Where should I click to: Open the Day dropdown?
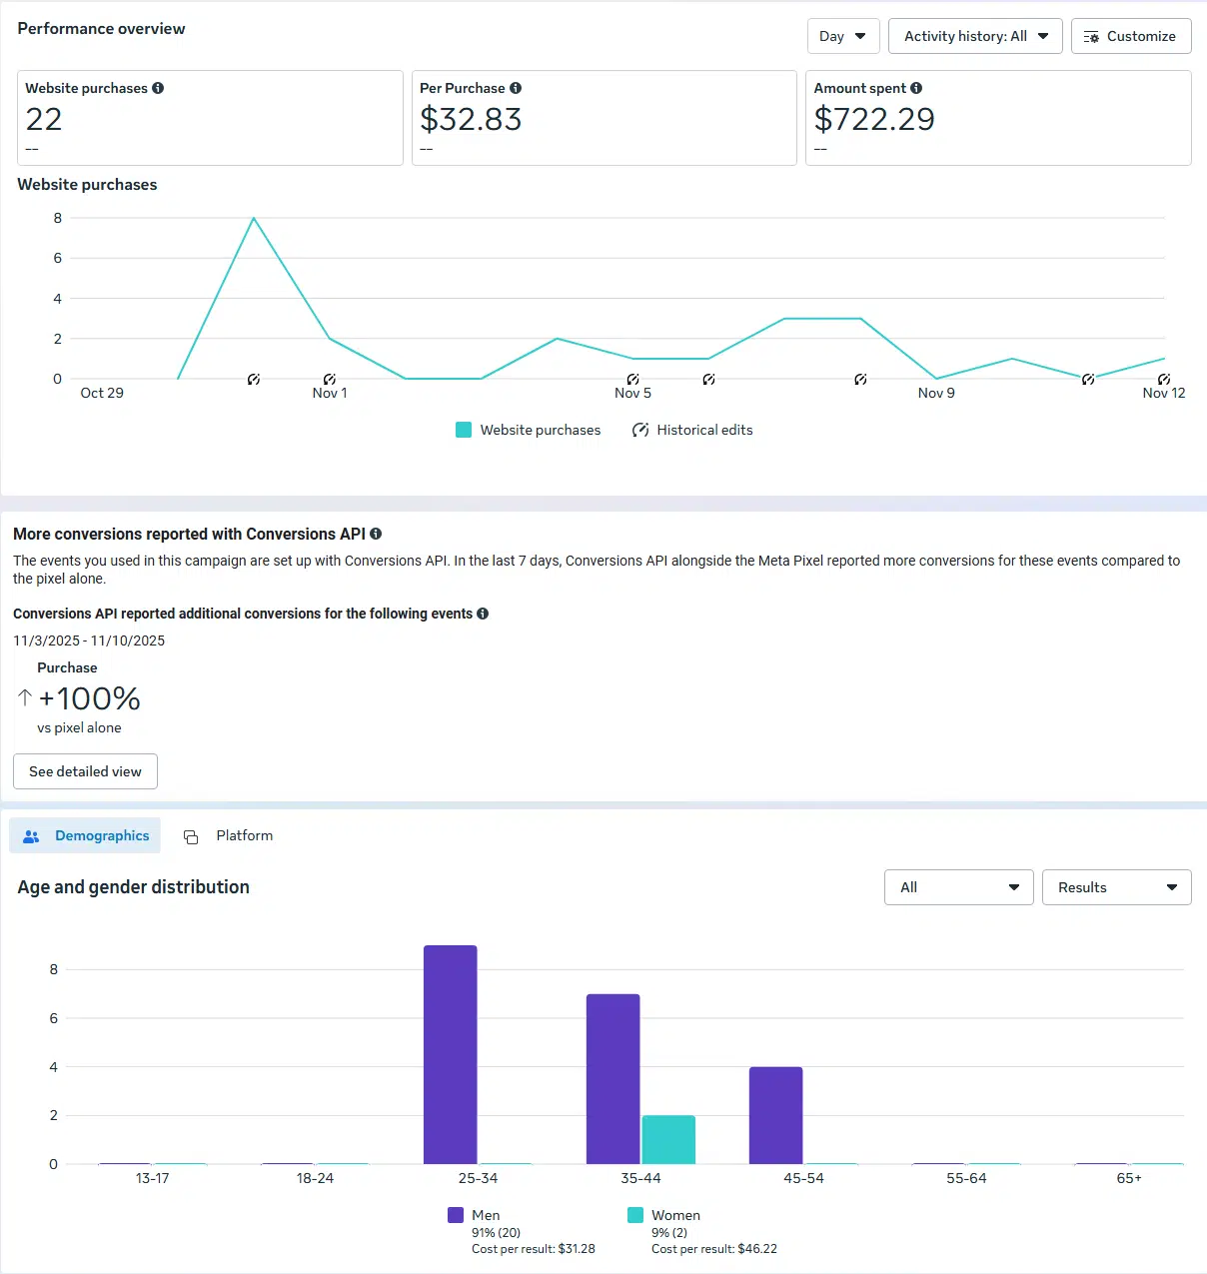pyautogui.click(x=842, y=36)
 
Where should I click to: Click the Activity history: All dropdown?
pyautogui.click(x=974, y=36)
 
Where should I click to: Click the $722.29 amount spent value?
pyautogui.click(x=874, y=120)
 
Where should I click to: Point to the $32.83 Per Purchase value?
pyautogui.click(x=471, y=120)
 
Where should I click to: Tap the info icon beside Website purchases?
pyautogui.click(x=158, y=88)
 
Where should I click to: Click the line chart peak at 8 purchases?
pyautogui.click(x=254, y=218)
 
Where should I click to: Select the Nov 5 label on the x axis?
pyautogui.click(x=632, y=393)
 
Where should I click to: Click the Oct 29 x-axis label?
pyautogui.click(x=102, y=393)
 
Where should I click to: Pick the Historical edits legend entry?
pyautogui.click(x=692, y=430)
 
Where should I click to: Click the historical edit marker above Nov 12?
pyautogui.click(x=1164, y=379)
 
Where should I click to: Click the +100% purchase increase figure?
pyautogui.click(x=89, y=698)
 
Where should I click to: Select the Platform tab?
pyautogui.click(x=230, y=835)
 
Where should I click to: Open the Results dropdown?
pyautogui.click(x=1116, y=887)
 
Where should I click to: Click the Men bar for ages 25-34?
pyautogui.click(x=451, y=1054)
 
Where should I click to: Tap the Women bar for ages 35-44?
pyautogui.click(x=668, y=1139)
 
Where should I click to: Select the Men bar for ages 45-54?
pyautogui.click(x=776, y=1115)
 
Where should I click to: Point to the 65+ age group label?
pyautogui.click(x=1129, y=1178)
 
